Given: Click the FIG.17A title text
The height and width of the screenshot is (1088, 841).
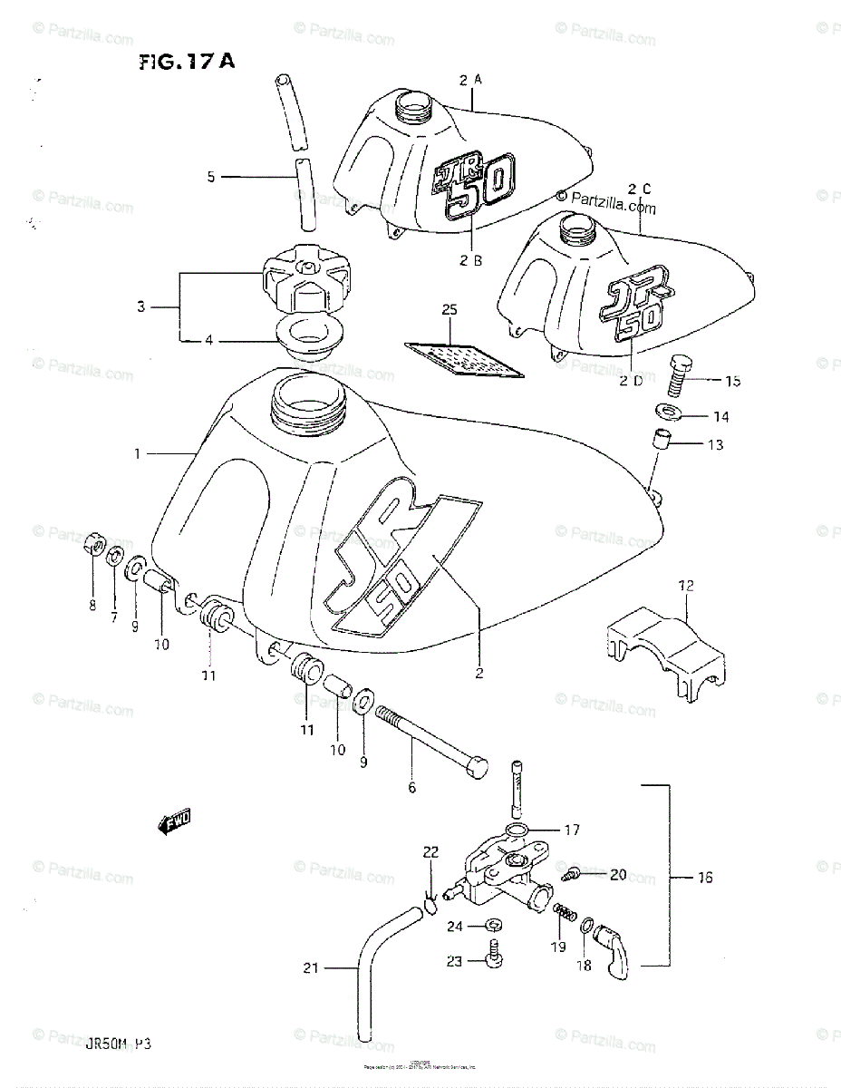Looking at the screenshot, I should click(187, 62).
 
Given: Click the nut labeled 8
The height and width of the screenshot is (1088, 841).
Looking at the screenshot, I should click(93, 547).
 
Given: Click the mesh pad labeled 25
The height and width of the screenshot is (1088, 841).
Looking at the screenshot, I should click(462, 356).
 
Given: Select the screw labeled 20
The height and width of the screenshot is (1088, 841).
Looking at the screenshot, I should click(572, 874).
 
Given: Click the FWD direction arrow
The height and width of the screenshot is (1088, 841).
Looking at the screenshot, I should click(175, 823).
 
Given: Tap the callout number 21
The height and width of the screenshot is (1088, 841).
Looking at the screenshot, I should click(311, 968).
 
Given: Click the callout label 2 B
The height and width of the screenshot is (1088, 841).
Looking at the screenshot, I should click(469, 260).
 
